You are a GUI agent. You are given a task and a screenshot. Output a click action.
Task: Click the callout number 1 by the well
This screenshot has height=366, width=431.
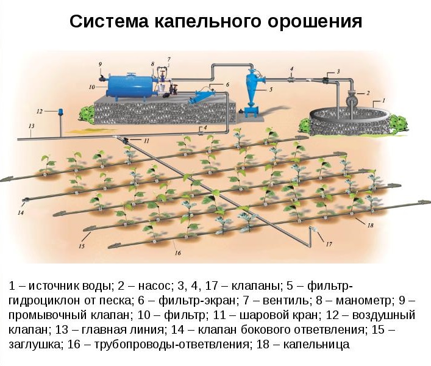click(x=383, y=99)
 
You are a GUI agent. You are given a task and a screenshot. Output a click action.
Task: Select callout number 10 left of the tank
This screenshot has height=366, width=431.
click(x=91, y=87)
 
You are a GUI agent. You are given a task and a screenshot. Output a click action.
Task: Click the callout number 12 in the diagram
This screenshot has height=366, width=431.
click(x=40, y=112)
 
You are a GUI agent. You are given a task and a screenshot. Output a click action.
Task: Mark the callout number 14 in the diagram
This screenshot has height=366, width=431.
click(x=21, y=213)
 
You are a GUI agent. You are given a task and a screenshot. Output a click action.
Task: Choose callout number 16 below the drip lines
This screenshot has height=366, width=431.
click(x=177, y=253)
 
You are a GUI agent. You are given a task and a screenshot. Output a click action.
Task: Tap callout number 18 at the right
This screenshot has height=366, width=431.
click(x=369, y=225)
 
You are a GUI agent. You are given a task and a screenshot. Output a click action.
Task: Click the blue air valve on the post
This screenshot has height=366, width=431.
click(x=60, y=112)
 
